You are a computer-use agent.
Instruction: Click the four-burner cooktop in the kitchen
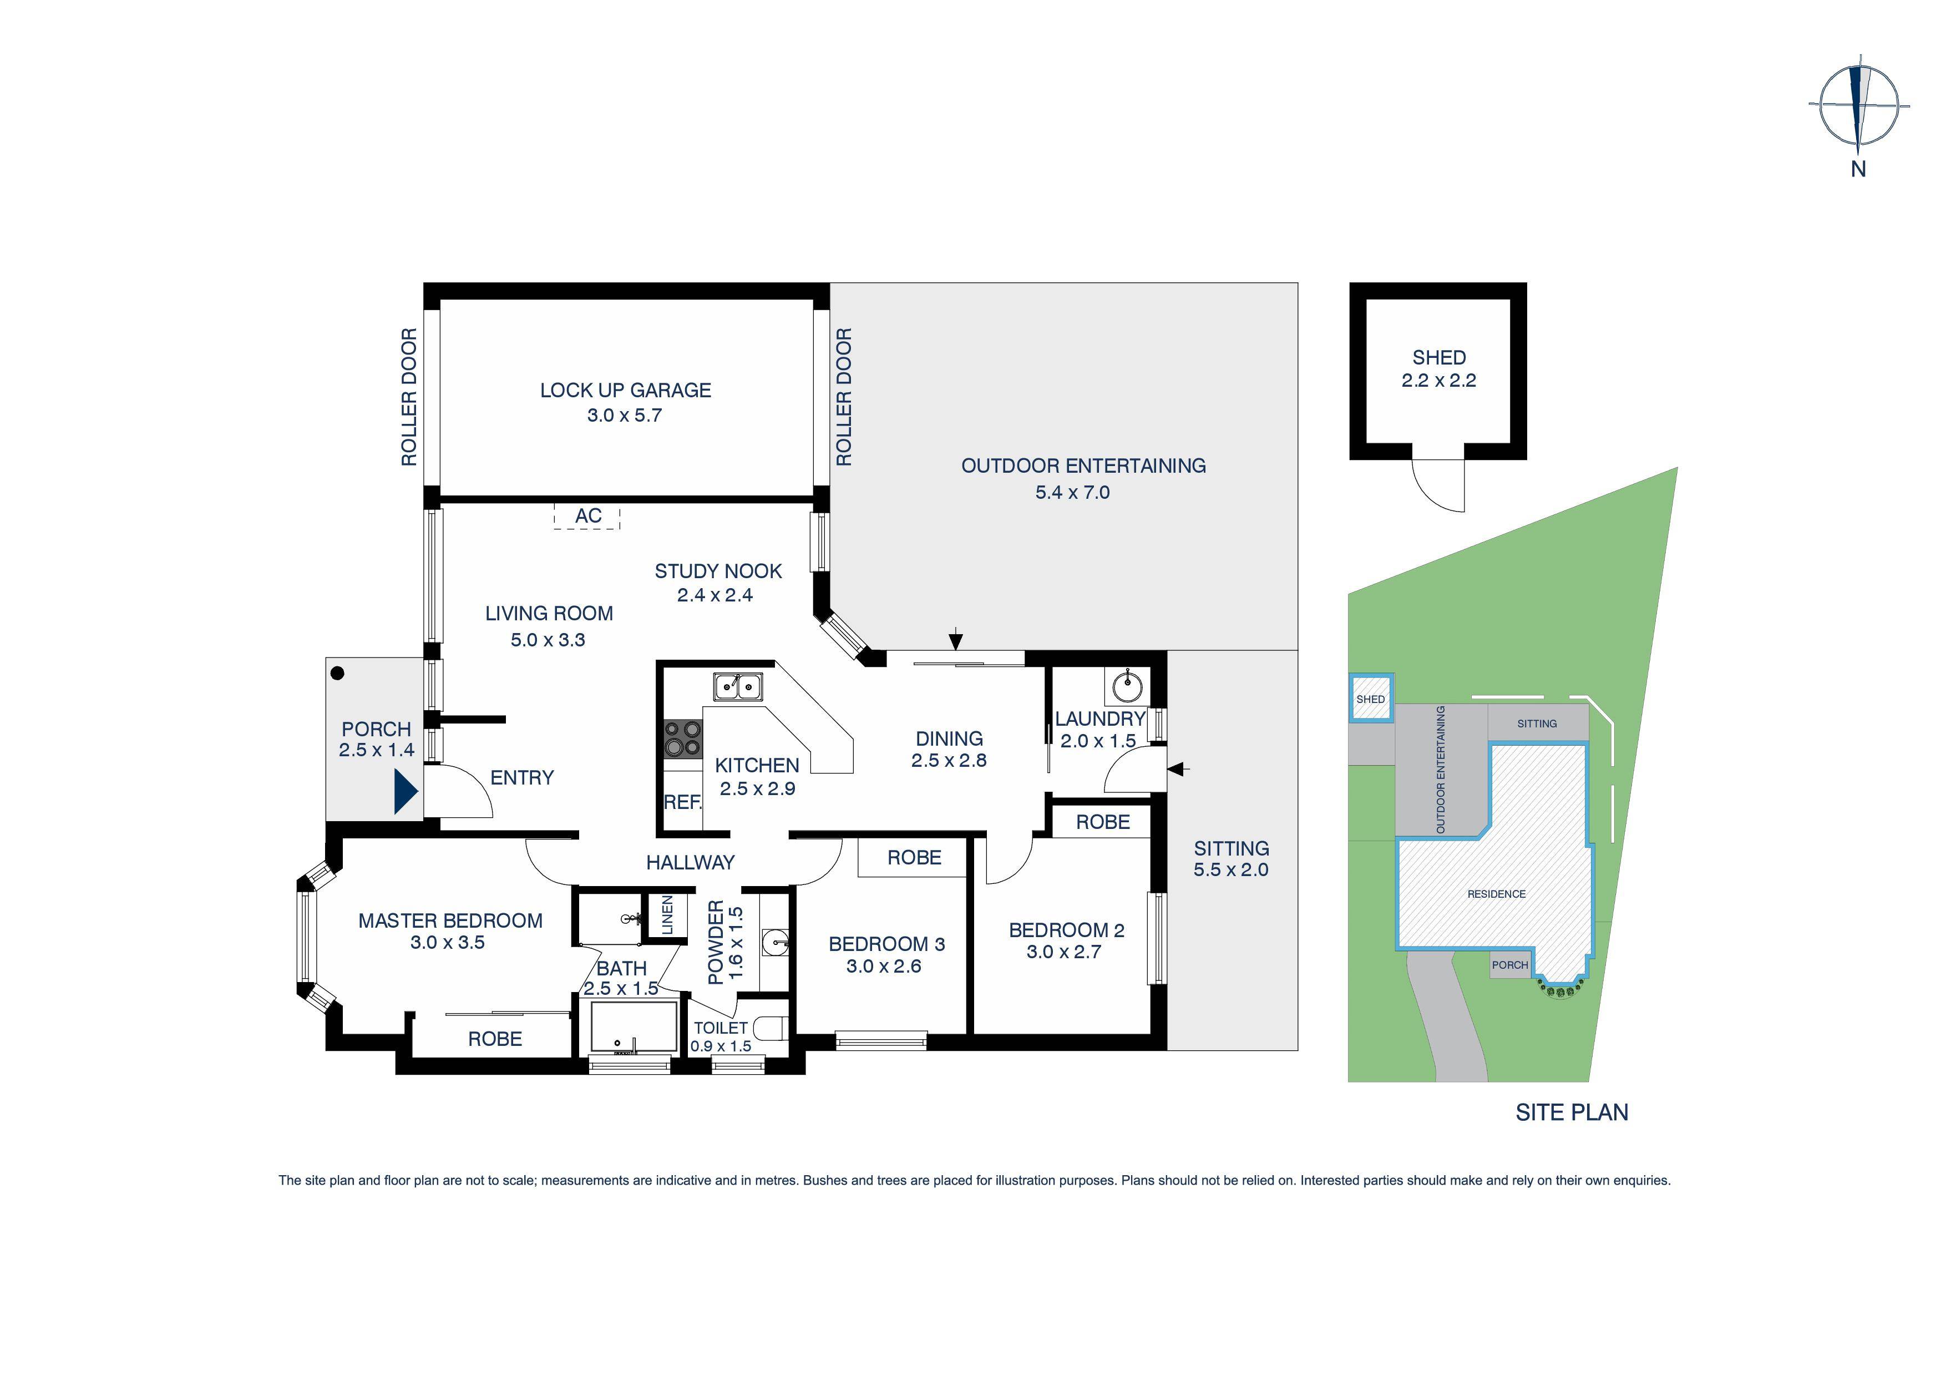[682, 738]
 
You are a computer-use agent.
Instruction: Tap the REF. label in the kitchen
[682, 802]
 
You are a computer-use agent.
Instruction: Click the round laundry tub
[1127, 686]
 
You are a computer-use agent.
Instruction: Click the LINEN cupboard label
[667, 915]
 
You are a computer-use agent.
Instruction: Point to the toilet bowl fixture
[772, 1029]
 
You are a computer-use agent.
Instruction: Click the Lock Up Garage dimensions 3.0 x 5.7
[625, 416]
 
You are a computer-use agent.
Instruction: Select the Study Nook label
[718, 571]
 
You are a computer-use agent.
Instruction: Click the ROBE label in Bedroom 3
[914, 858]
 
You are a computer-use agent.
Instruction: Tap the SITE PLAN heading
[1572, 1112]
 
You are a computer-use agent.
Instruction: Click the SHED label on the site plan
[1371, 700]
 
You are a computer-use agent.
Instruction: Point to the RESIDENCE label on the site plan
[1496, 894]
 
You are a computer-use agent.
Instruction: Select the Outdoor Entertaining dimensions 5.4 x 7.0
[1072, 493]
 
